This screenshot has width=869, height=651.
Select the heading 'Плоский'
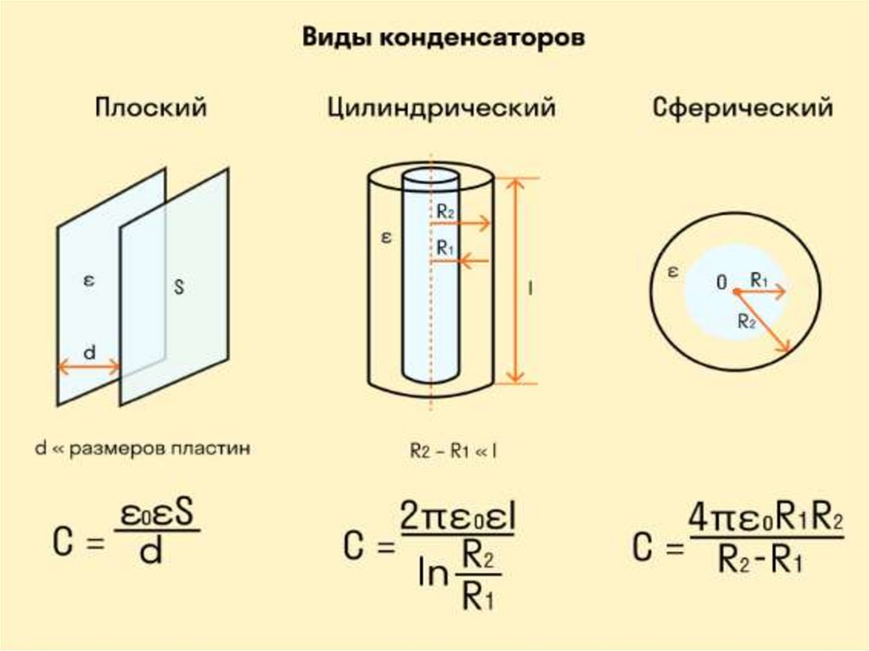(151, 108)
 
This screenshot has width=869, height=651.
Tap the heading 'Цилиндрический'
(441, 108)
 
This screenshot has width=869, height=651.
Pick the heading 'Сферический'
(743, 108)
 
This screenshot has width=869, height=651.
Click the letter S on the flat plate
(179, 287)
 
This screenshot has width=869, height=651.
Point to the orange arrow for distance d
(89, 368)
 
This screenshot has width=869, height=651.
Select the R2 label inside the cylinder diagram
(446, 211)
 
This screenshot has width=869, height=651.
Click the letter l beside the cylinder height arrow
(530, 289)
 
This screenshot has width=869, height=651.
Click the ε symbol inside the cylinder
(386, 239)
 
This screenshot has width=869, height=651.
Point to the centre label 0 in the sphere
(721, 283)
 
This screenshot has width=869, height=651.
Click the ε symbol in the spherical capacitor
(673, 272)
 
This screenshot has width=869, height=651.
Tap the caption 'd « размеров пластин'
(143, 449)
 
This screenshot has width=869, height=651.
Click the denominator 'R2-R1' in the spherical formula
(760, 564)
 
